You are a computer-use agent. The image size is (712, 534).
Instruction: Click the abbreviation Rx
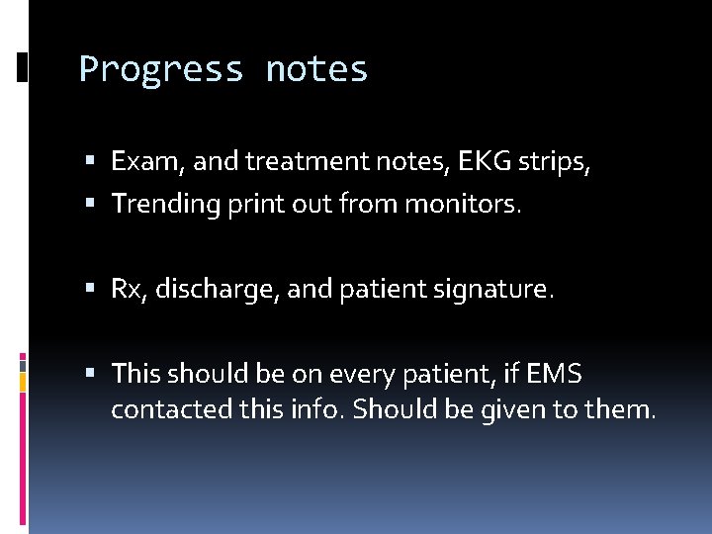tap(126, 291)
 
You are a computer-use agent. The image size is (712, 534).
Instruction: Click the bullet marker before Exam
tap(90, 160)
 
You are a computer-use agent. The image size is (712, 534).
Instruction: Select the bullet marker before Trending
tap(90, 203)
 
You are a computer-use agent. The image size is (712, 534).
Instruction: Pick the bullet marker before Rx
tap(90, 290)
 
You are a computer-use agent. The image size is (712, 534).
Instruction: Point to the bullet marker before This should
tap(90, 373)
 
